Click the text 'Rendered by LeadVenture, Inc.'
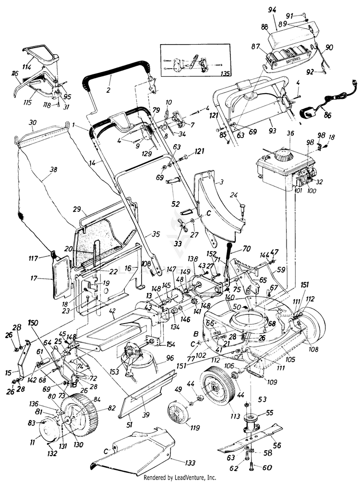point(180,478)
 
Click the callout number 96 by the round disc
point(170,358)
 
